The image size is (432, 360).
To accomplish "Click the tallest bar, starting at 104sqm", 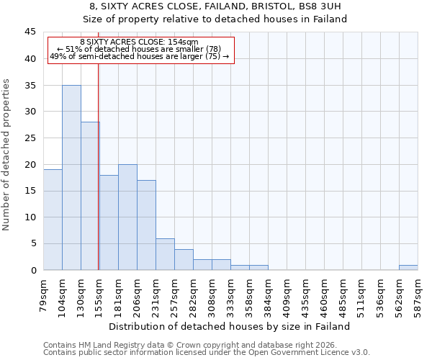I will [71, 177].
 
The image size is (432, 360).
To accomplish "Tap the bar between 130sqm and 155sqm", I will [90, 196].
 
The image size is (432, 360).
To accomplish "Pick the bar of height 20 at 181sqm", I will [127, 217].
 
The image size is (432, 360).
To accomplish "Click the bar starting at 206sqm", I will [146, 225].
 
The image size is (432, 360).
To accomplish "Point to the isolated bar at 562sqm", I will [408, 267].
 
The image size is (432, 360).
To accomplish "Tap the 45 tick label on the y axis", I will [30, 32].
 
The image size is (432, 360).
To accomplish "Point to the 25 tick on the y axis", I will [30, 138].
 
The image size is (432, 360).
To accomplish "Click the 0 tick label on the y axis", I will [32, 270].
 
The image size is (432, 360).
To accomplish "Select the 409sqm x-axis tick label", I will [287, 292].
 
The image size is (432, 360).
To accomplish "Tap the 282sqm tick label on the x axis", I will [193, 292].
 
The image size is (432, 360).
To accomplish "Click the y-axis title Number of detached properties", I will [7, 155].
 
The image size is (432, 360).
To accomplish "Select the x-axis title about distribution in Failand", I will [230, 326].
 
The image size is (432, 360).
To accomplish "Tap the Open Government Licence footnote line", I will [207, 353].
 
